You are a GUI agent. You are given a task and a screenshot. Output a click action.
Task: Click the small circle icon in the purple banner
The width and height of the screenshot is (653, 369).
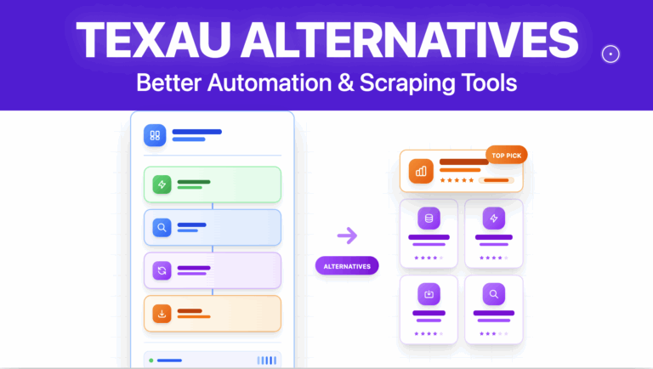pos(610,54)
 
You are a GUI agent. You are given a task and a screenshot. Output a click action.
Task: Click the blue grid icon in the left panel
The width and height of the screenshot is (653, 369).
pos(155,135)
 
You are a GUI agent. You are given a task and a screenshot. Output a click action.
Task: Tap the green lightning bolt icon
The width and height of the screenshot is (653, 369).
pos(161,184)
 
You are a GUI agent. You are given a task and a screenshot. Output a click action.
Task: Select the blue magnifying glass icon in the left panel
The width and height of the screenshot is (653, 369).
pos(161,227)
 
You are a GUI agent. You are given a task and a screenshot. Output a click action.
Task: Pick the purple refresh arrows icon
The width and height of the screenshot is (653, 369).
pos(161,270)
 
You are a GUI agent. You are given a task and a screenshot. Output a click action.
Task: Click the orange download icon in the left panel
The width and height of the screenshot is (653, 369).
pos(161,314)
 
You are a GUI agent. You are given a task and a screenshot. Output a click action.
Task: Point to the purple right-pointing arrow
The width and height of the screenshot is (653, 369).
pos(347,236)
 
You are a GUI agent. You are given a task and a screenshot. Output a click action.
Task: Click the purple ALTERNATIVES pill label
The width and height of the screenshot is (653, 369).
pos(347,266)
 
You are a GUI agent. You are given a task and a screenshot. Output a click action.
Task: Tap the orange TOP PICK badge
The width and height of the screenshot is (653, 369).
pos(507,155)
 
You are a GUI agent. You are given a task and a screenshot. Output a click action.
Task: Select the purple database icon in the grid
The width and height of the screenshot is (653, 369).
pos(429,219)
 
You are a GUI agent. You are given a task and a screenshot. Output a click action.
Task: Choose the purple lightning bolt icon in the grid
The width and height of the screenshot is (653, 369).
pos(493,219)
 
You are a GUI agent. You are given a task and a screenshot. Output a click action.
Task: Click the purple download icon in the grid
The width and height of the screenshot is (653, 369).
pos(429,294)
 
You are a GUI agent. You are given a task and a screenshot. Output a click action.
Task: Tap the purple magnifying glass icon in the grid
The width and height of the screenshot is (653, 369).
pos(493,294)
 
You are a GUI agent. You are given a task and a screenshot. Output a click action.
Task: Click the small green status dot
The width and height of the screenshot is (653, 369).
pos(151,360)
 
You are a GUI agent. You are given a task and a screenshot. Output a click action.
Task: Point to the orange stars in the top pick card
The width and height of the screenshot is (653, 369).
pos(457,180)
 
